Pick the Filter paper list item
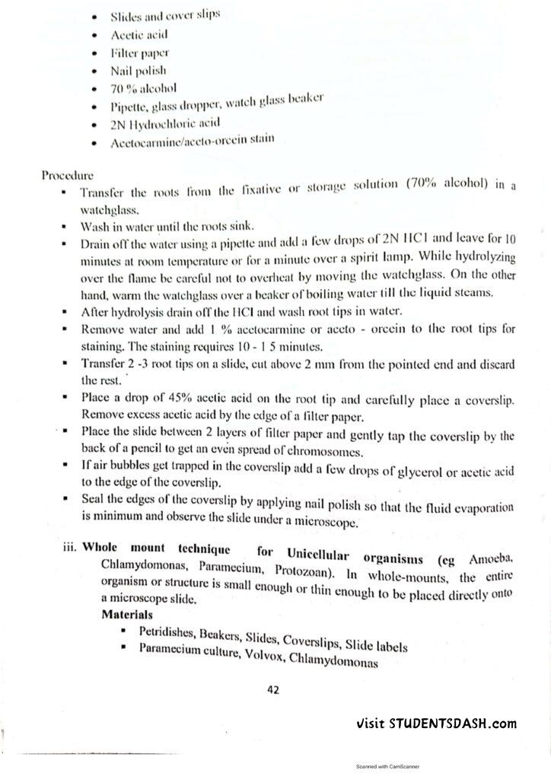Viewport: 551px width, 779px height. tap(139, 53)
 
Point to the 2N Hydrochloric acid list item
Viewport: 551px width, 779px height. tap(165, 122)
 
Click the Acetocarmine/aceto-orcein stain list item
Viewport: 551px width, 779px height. tap(193, 140)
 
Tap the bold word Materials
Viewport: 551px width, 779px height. tap(128, 613)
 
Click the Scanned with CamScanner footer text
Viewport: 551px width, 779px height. tap(388, 767)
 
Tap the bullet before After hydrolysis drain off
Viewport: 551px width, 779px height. tap(68, 311)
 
